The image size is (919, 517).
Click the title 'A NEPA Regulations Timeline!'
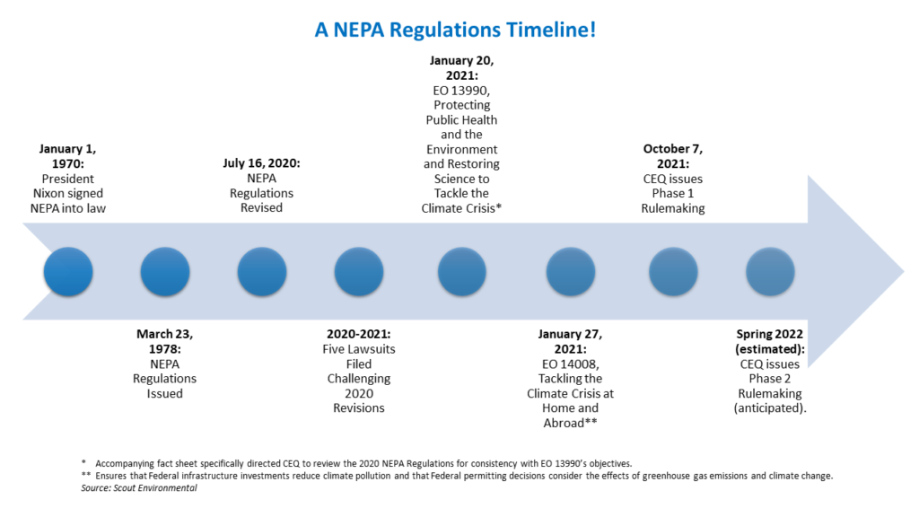[455, 30]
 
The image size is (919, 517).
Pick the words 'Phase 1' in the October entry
[673, 193]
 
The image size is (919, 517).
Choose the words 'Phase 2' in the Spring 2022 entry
[770, 379]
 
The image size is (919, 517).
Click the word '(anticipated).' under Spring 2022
[770, 408]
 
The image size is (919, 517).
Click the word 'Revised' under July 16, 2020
[261, 208]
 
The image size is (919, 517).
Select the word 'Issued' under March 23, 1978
[164, 393]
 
